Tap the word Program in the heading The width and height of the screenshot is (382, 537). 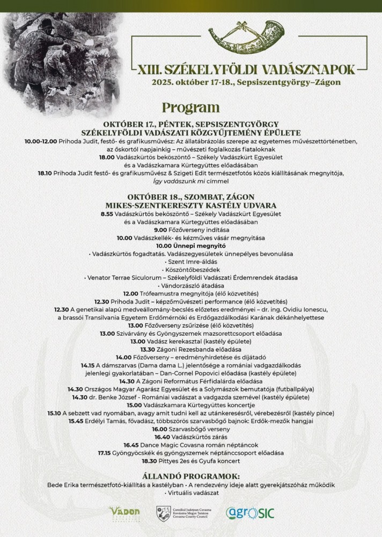click(x=190, y=107)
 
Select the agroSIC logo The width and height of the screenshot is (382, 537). click(x=250, y=513)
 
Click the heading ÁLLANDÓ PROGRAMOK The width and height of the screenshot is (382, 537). click(x=190, y=476)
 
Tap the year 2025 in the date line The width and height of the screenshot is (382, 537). click(x=163, y=83)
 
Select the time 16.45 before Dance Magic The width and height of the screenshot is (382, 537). click(x=131, y=445)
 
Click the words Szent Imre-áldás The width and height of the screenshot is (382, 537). click(x=190, y=262)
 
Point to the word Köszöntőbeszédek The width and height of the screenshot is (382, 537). click(x=190, y=270)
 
